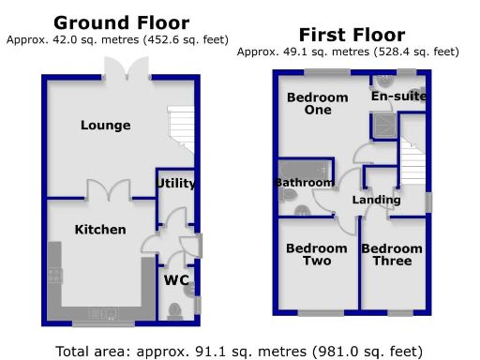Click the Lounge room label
click(105, 126)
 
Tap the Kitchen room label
click(100, 230)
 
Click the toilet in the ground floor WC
click(173, 309)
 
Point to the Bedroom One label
click(317, 103)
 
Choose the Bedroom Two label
click(309, 254)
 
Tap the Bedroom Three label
click(392, 254)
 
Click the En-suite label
click(399, 96)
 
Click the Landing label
click(376, 200)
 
